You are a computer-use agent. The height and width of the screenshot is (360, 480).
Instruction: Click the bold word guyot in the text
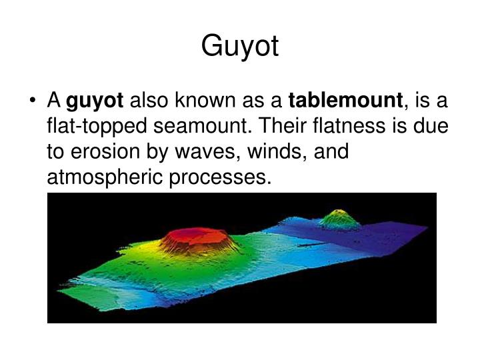click(95, 101)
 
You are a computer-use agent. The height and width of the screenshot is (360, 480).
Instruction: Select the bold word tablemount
click(345, 101)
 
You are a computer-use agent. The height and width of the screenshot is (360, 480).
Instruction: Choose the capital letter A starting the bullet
click(54, 101)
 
